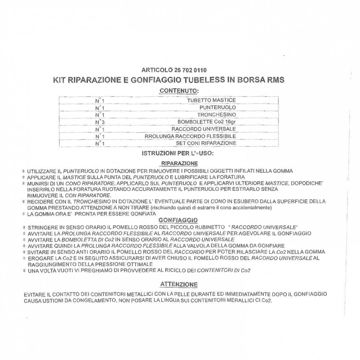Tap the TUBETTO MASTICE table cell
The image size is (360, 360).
[211, 100]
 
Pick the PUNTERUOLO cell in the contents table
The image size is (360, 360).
[217, 108]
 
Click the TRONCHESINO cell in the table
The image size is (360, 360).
[216, 115]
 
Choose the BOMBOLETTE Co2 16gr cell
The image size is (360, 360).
[207, 122]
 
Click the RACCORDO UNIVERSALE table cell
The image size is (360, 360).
[204, 129]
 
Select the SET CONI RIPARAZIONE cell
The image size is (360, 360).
[206, 143]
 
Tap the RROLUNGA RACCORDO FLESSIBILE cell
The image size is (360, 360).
[190, 136]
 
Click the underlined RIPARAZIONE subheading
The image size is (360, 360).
[180, 163]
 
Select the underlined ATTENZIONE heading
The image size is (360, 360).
[179, 284]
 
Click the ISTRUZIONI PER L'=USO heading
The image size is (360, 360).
[178, 153]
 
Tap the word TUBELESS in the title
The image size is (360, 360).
[201, 80]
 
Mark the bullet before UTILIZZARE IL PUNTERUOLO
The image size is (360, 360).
[24, 171]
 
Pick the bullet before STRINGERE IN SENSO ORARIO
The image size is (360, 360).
[24, 227]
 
